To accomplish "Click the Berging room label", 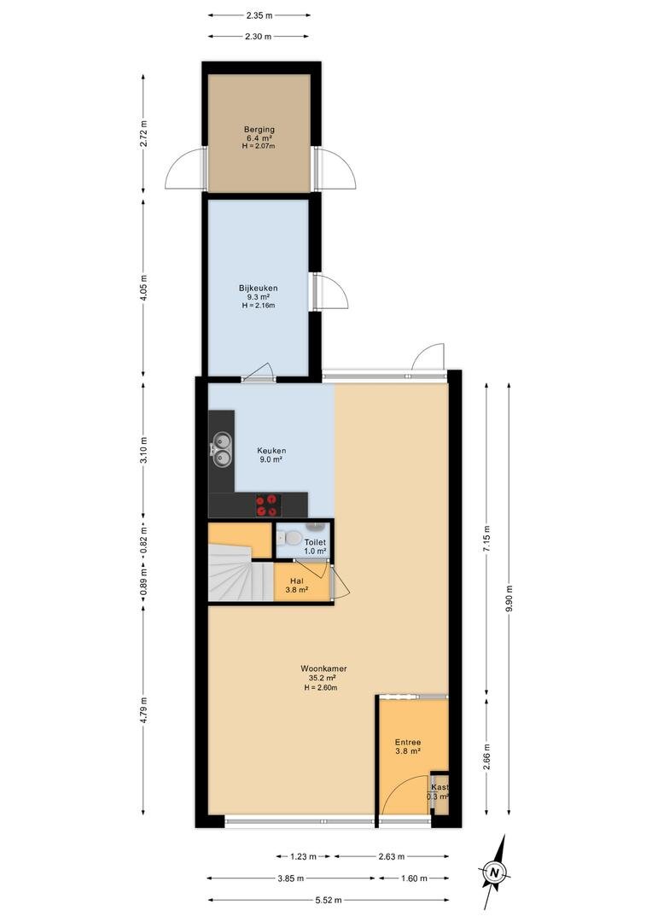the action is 259,130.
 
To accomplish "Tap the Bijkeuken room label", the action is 258,289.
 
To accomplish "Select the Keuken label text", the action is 271,451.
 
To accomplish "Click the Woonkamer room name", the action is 323,668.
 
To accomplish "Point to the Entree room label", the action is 408,742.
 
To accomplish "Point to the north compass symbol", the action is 496,872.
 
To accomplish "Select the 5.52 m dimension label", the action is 329,900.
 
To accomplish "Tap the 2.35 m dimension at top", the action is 259,15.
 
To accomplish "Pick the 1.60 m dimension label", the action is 414,878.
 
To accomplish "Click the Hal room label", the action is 297,581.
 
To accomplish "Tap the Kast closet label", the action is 440,787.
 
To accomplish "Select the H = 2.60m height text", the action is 321,687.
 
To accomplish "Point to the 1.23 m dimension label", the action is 303,857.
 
